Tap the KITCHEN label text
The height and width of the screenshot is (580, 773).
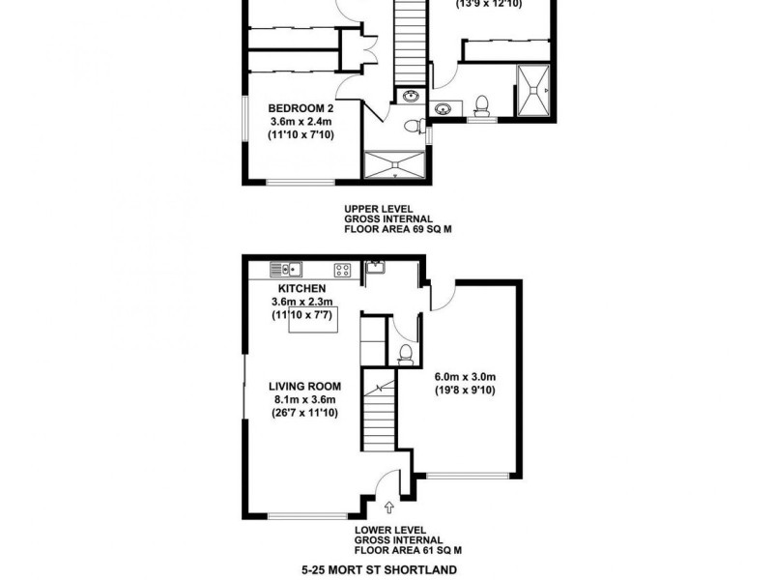coord(301,288)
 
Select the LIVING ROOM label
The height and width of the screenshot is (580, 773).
coord(301,387)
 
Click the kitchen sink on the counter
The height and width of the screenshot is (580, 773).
coord(288,270)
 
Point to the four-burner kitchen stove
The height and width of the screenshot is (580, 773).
coord(342,270)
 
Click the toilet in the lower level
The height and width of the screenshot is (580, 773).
coord(407,353)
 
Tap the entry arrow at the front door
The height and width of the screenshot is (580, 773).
coord(389,505)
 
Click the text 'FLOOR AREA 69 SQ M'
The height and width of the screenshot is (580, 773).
coord(398,230)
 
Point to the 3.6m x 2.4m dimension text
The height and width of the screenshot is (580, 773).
coord(301,122)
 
